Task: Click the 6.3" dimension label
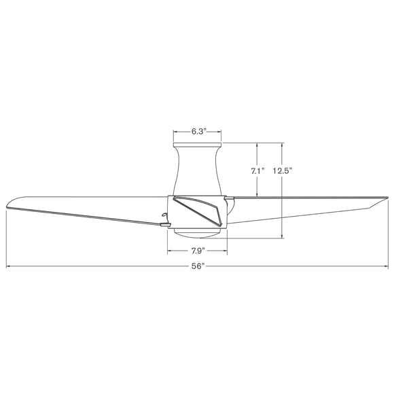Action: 198,131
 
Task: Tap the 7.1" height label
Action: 257,171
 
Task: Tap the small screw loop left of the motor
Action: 164,218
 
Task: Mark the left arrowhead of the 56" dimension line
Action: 7,267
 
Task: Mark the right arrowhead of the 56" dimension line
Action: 387,267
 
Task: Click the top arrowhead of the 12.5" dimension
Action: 283,144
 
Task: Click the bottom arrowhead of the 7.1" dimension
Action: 257,195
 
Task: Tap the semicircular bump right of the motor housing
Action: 230,202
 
